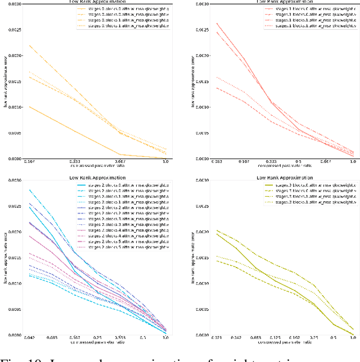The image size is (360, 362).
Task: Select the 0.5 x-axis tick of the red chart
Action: click(x=298, y=162)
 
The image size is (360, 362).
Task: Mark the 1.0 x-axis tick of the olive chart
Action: click(x=352, y=338)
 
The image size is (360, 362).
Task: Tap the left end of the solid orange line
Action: click(x=29, y=106)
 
